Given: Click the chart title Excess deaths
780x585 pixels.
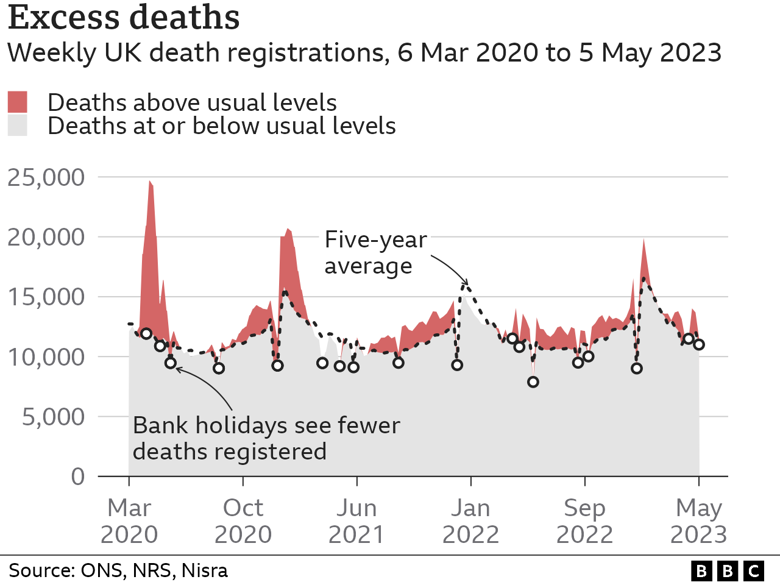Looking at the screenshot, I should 124,17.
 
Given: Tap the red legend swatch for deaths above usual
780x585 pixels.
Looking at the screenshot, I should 18,102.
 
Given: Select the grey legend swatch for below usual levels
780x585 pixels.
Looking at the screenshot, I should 18,126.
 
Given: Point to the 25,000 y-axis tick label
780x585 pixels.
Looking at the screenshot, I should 46,177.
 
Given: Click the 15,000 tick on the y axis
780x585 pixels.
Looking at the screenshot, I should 46,297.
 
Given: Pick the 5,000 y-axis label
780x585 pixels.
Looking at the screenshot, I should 53,417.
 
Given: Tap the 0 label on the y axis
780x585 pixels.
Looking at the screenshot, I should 77,476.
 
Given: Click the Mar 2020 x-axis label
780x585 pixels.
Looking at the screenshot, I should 129,521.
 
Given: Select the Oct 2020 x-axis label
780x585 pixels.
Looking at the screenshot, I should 243,521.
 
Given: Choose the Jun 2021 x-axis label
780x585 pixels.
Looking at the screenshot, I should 356,521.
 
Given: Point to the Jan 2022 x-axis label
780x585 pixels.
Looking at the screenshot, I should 470,521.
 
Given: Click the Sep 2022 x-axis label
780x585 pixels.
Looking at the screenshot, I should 584,521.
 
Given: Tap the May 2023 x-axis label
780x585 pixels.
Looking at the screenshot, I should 698,521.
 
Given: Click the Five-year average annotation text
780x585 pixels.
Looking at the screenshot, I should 375,252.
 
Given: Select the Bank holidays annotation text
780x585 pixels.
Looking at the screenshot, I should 266,438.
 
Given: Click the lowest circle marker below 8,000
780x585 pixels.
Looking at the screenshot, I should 533,382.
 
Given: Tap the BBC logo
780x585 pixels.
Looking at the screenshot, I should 728,571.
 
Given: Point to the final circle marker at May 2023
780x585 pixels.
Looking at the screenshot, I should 699,344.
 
